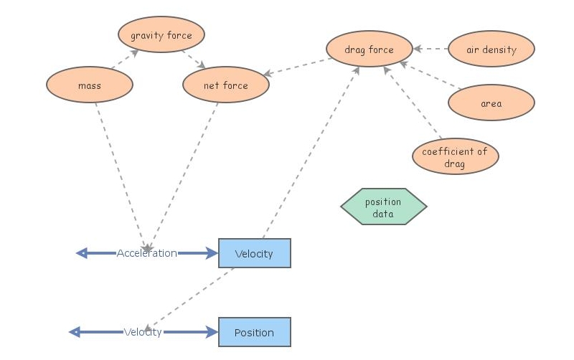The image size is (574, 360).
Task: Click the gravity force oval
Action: tap(161, 35)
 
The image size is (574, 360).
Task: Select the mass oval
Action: tap(90, 86)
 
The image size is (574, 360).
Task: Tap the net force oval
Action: tap(225, 86)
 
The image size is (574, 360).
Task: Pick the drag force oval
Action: tap(370, 50)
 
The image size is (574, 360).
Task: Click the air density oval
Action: tap(491, 50)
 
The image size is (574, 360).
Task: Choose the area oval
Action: tap(491, 103)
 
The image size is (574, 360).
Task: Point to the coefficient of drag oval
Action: tap(455, 156)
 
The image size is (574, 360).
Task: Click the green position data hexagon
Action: tap(383, 207)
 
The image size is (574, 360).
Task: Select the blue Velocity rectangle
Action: tap(254, 253)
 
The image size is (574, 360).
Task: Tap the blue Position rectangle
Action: tap(254, 332)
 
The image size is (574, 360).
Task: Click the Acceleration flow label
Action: tap(146, 253)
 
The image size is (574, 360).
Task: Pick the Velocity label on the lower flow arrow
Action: tap(143, 332)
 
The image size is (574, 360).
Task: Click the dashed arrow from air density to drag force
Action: tap(430, 49)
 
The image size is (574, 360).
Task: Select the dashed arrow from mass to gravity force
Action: tap(124, 60)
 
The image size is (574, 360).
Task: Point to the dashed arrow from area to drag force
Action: tap(429, 77)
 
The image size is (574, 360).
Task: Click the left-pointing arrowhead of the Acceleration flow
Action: tap(82, 253)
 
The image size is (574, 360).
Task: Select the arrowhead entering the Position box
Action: tap(212, 332)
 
